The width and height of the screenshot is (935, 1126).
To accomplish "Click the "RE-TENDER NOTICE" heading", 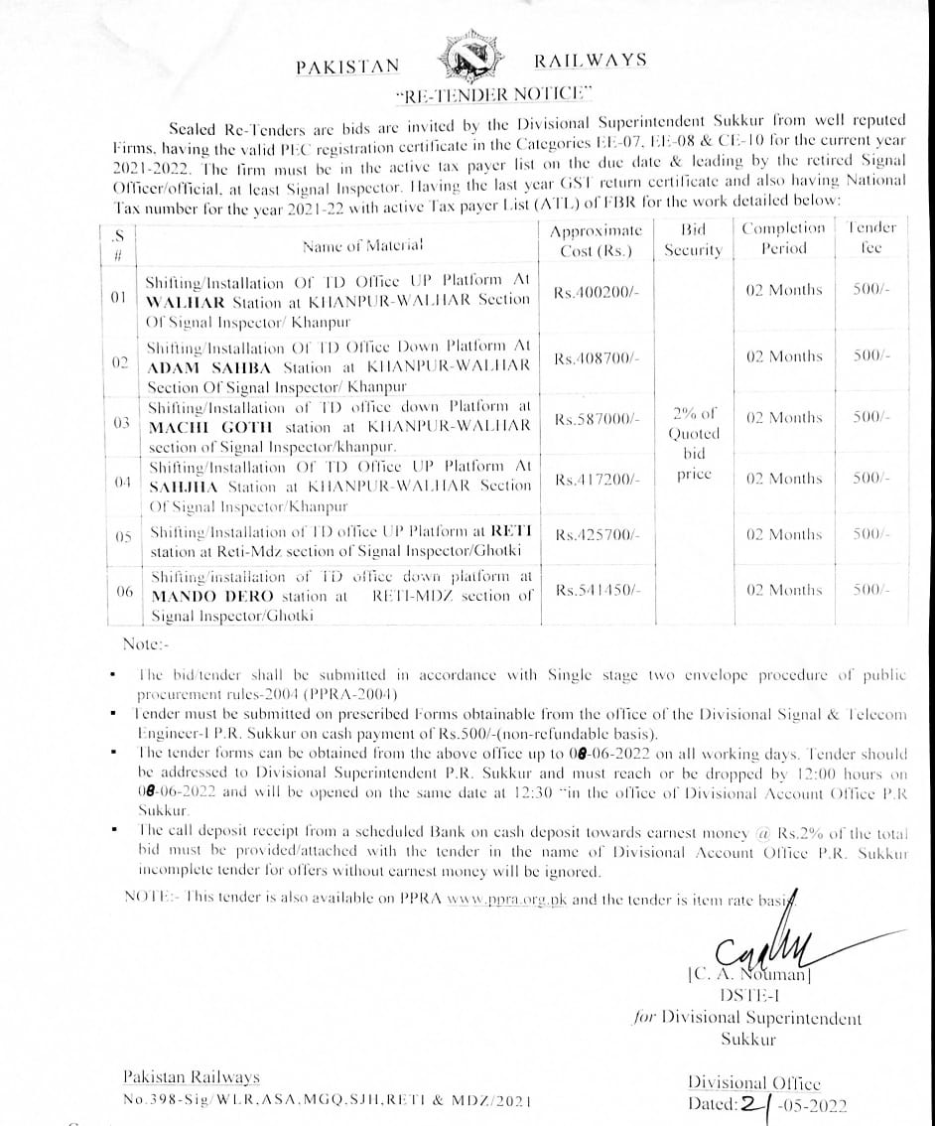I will pyautogui.click(x=492, y=96).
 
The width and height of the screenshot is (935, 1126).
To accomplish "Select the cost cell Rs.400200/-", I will pyautogui.click(x=598, y=295).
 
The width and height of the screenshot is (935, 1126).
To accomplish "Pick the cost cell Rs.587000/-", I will pyautogui.click(x=597, y=420).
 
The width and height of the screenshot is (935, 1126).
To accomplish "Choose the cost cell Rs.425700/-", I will pyautogui.click(x=597, y=535).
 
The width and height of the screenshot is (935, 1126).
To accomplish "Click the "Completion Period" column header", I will pyautogui.click(x=783, y=238).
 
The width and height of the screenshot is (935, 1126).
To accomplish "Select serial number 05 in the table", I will pyautogui.click(x=123, y=536).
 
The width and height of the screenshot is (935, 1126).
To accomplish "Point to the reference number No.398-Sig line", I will pyautogui.click(x=327, y=1101).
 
